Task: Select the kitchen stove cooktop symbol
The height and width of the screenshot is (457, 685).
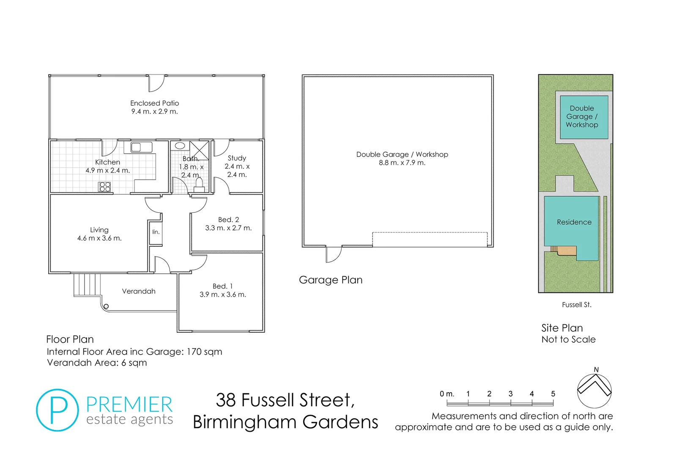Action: click(x=104, y=187)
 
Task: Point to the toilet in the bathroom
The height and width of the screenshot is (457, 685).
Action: click(x=199, y=185)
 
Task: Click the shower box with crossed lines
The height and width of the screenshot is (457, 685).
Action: click(x=199, y=151)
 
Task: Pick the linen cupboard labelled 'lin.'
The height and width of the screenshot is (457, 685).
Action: click(x=156, y=232)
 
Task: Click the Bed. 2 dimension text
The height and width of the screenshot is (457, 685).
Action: click(x=228, y=228)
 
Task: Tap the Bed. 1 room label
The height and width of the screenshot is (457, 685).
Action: click(x=222, y=286)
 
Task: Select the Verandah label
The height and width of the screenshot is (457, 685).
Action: click(x=139, y=291)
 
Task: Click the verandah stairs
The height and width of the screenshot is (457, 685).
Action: click(x=87, y=285)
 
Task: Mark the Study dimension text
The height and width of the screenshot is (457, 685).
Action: click(x=237, y=171)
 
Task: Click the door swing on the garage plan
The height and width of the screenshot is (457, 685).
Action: click(x=334, y=254)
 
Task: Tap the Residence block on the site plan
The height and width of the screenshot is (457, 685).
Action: click(x=574, y=222)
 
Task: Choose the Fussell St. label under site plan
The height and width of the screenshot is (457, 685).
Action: click(x=576, y=305)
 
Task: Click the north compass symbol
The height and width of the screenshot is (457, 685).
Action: click(x=594, y=391)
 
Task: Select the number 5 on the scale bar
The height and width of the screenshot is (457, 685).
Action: click(x=553, y=394)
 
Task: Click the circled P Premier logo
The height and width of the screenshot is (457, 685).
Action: click(x=58, y=410)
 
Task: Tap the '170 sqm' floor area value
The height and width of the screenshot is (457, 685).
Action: click(x=204, y=352)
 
